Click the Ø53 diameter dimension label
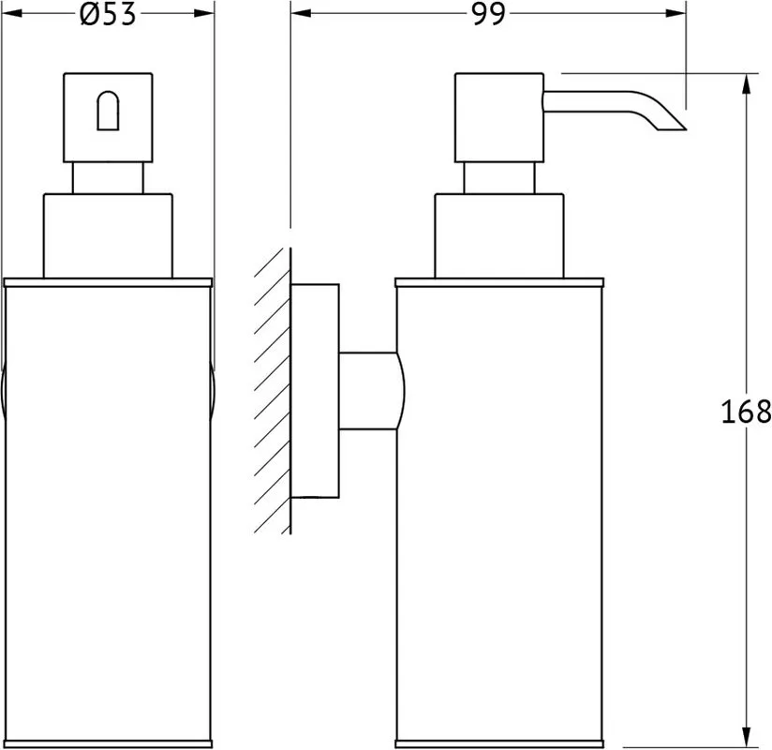pyautogui.click(x=108, y=14)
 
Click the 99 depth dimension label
pyautogui.click(x=488, y=14)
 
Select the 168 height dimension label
pyautogui.click(x=746, y=412)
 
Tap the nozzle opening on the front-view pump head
pyautogui.click(x=108, y=111)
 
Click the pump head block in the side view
pyautogui.click(x=499, y=118)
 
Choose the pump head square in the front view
pyautogui.click(x=108, y=118)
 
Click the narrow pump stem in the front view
pyautogui.click(x=108, y=178)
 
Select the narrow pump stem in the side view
pyautogui.click(x=498, y=178)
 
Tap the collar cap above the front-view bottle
pyautogui.click(x=108, y=236)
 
